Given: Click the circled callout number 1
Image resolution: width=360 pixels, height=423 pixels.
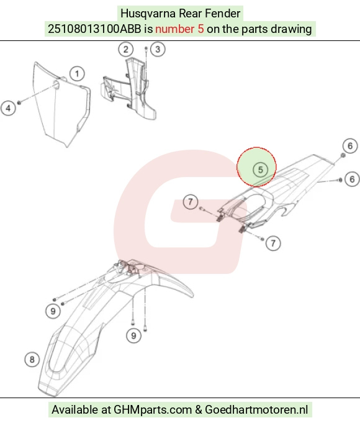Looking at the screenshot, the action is point(77,74).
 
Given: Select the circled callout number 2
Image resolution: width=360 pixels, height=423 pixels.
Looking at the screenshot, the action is point(125,49).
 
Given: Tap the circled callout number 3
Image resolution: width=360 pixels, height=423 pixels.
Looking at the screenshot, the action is point(158,49).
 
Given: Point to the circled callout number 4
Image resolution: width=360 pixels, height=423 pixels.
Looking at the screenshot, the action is point(8,108).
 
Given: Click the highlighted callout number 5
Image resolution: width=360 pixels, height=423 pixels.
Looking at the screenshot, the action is point(260,170).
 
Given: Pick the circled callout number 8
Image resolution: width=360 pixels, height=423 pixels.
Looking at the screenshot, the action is point(32,360).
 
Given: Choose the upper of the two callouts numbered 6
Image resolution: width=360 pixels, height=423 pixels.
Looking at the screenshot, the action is point(350,146).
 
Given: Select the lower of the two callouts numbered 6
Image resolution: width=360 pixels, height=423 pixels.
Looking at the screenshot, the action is point(352,179).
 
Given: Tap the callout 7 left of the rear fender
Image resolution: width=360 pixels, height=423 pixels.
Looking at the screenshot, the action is point(191,202).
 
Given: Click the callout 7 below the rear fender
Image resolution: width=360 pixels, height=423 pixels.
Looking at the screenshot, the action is point(273,243).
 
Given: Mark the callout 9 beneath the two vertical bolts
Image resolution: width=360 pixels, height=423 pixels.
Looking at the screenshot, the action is point(133,335).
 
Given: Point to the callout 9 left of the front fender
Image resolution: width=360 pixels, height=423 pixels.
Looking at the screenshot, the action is point(53,311).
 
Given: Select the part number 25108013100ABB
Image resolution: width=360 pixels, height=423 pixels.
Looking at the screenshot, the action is point(94,29).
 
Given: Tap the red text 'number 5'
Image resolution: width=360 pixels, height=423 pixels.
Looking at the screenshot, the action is point(179,29).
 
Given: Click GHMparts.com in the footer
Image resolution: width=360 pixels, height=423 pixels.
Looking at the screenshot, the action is point(152,409).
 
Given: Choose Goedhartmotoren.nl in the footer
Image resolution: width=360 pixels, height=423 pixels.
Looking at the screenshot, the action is point(256,409).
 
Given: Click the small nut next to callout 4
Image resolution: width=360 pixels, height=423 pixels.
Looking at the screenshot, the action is point(19,102).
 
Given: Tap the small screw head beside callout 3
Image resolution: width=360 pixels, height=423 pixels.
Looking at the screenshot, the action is point(146,48).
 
